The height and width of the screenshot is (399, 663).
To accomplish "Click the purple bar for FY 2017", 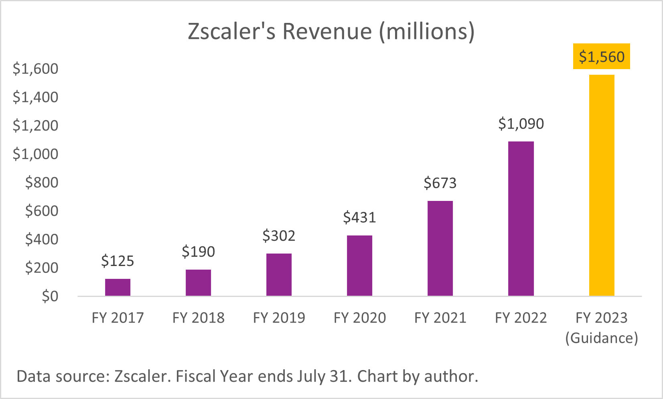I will (118, 287).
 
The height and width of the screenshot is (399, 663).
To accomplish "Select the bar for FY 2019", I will (279, 275).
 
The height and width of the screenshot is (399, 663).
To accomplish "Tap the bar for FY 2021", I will (440, 248).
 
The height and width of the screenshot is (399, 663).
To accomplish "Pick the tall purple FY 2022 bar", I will (521, 219).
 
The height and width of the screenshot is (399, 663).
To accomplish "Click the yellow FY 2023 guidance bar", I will (601, 185).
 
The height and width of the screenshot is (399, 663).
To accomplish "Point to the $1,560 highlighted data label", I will (601, 57).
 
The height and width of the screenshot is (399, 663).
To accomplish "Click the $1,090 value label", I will (521, 124).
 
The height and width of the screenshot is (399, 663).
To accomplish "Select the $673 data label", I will (440, 183).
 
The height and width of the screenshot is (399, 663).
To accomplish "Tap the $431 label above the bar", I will (359, 217).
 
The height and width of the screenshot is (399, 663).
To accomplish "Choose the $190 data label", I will (198, 252).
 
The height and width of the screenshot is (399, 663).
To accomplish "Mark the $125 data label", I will (118, 261).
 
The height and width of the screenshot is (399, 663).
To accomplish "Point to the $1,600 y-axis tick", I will (35, 69).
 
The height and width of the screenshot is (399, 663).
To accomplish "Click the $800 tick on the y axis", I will (41, 182).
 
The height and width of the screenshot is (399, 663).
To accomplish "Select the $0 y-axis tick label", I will (50, 297).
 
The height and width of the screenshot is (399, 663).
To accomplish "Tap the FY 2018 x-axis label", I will (198, 318).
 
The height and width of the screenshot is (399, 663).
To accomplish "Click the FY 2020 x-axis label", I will (359, 318).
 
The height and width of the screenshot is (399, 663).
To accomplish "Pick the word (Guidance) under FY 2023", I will (601, 338).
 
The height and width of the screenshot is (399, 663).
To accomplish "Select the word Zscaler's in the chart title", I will (231, 31).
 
